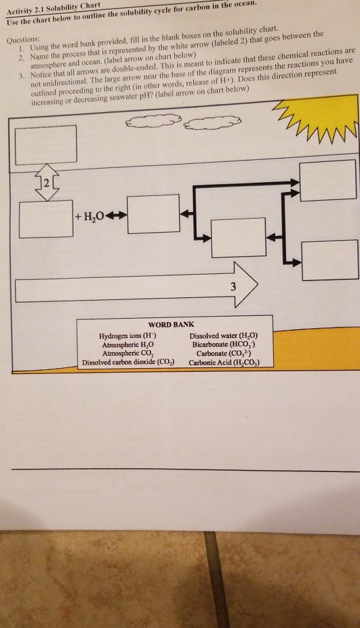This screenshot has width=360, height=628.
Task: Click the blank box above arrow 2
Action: [45, 145]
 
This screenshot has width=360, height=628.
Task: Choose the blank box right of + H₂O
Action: [154, 213]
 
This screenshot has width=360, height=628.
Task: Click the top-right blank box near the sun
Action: [318, 179]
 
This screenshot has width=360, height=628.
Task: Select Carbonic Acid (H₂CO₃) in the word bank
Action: [223, 363]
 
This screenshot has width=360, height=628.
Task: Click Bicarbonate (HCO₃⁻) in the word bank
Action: [223, 345]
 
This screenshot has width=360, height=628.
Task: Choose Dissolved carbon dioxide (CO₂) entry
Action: [124, 363]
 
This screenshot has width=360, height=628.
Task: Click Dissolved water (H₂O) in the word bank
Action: [223, 337]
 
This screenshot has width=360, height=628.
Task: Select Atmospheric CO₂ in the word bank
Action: [123, 354]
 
